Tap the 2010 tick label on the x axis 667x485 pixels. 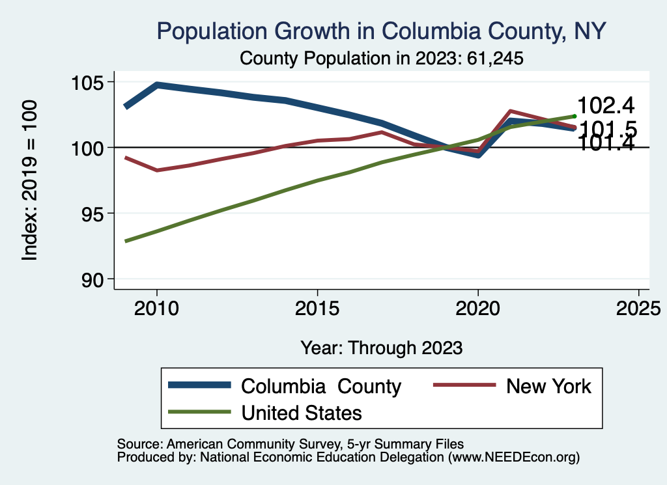(x=156, y=307)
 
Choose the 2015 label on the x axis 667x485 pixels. (x=317, y=307)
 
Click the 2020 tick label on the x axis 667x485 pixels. (x=477, y=307)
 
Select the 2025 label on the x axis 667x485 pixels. (x=638, y=307)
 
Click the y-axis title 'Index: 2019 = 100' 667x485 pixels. (x=30, y=180)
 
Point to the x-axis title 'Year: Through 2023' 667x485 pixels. (x=381, y=348)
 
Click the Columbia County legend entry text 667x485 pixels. (x=321, y=386)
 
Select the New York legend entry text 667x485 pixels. (x=548, y=386)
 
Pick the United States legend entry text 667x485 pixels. (x=302, y=413)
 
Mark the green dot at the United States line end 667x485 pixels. (x=575, y=116)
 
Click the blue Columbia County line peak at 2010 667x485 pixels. (x=156, y=85)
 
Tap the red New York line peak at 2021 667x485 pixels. (x=510, y=111)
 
